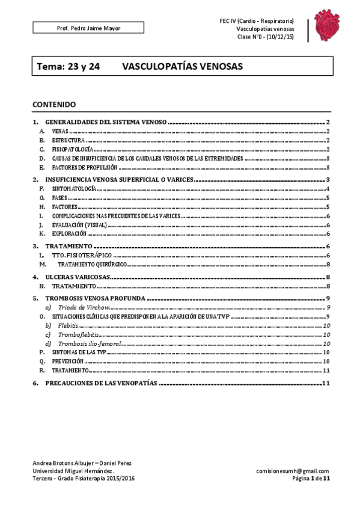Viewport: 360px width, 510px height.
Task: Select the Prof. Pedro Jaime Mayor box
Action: coord(88,28)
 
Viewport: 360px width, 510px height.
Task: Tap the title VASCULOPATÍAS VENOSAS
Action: coord(182,67)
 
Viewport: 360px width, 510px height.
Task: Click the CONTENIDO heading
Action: coord(54,104)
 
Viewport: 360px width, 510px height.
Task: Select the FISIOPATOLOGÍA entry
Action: coord(72,149)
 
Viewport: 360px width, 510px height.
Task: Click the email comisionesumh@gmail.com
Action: coord(292,471)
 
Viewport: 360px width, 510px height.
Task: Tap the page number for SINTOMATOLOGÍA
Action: coord(327,189)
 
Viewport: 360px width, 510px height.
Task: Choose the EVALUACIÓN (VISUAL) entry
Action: coord(79,225)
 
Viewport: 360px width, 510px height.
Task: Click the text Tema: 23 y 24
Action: coord(69,67)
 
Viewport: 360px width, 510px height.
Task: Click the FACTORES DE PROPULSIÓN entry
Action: coord(84,167)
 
